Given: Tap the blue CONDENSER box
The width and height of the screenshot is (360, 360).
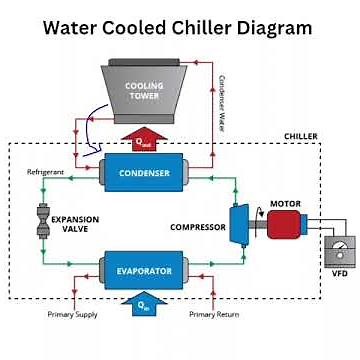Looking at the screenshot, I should click(x=144, y=173).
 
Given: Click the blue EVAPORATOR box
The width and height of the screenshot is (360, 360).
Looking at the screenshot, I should click(x=144, y=270).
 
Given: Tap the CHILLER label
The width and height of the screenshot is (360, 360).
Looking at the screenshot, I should click(x=301, y=135).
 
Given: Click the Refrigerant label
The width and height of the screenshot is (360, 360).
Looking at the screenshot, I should click(x=46, y=173).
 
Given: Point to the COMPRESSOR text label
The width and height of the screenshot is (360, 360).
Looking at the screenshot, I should click(x=197, y=227).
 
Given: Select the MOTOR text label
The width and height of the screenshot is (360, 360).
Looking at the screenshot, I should click(x=285, y=203).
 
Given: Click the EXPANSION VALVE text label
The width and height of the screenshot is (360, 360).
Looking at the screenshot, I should click(x=75, y=222).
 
